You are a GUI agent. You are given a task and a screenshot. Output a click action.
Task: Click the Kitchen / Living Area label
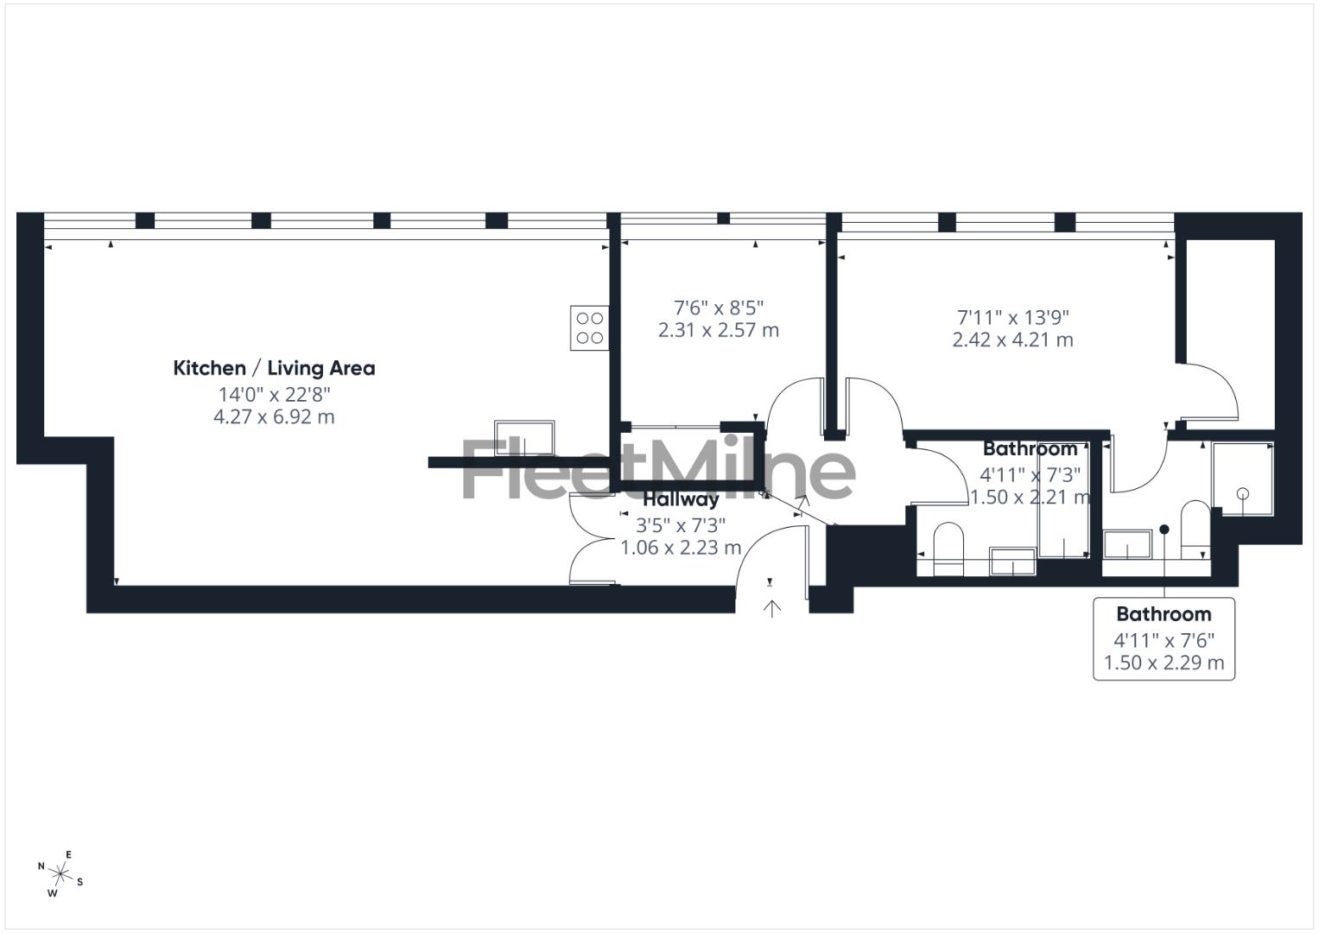pos(274,368)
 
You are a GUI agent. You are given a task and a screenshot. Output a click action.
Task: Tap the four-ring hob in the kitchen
pos(589,328)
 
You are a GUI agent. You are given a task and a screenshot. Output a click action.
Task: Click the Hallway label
pos(681,499)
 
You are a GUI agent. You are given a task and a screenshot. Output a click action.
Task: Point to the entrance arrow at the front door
pos(771,608)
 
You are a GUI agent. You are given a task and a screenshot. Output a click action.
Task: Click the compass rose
pos(61,874)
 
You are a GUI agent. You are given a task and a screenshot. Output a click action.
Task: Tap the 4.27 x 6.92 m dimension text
pos(274,417)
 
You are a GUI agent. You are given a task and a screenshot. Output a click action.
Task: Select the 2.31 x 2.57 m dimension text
pos(719,330)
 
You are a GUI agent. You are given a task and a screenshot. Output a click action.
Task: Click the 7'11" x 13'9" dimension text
pos(1012,317)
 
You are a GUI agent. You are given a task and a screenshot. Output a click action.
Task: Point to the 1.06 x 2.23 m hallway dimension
pos(681,548)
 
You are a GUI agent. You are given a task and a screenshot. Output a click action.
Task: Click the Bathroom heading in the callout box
pos(1164,614)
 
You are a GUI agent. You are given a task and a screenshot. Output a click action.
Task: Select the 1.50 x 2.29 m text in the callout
pos(1164,663)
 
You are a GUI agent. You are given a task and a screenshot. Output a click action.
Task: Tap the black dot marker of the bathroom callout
pos(1164,530)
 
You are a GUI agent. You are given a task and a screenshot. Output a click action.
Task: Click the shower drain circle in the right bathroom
pos(1243,494)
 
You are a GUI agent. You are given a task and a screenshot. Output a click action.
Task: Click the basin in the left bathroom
pos(1012,561)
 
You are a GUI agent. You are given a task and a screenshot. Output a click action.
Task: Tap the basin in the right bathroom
pos(1128,545)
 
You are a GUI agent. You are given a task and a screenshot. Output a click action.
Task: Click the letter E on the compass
pos(69,855)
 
